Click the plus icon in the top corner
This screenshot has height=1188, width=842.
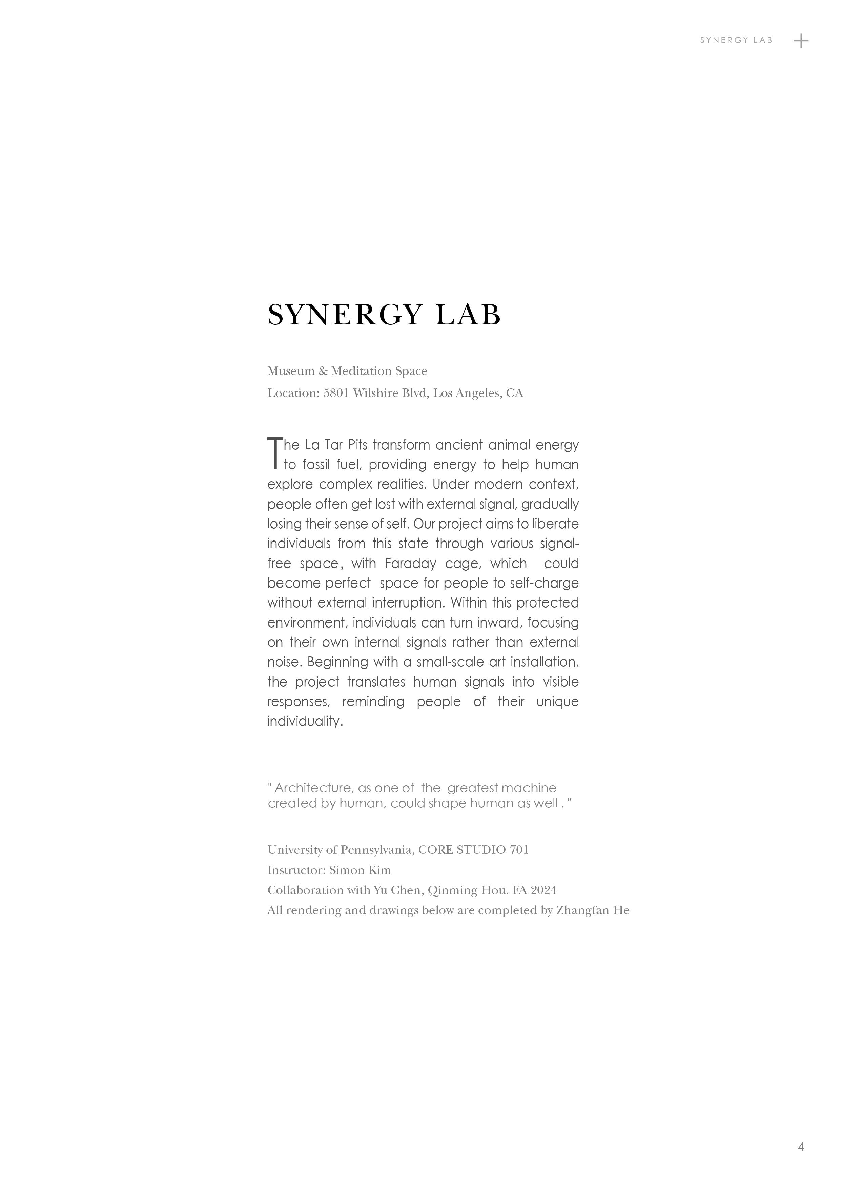(801, 40)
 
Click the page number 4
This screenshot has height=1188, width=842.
(801, 1146)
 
